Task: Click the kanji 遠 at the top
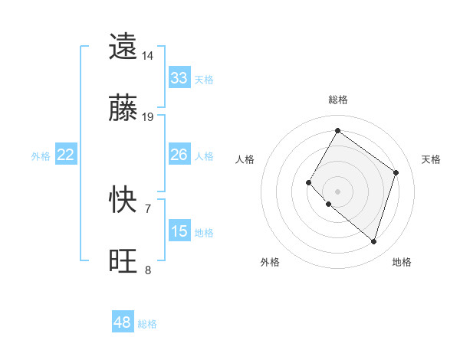123,47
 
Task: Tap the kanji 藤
123,109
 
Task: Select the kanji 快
123,201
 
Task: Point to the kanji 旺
123,262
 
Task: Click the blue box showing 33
179,78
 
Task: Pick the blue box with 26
179,155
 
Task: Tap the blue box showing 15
179,231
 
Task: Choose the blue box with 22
65,155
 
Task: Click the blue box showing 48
122,322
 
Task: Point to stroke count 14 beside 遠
148,56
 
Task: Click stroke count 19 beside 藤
148,117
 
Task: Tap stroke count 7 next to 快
148,208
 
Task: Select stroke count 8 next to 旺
148,270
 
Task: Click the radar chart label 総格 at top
337,100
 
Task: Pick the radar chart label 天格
431,159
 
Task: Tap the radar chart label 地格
402,262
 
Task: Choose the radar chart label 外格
270,262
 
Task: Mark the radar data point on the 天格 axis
396,172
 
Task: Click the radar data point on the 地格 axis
373,241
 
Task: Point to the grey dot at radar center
337,191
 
